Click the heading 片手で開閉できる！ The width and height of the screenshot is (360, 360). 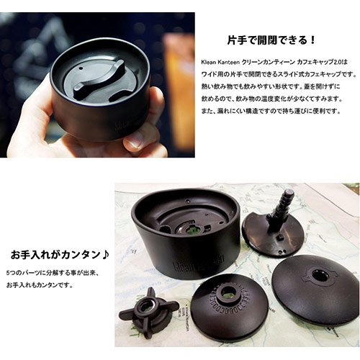tap(271, 40)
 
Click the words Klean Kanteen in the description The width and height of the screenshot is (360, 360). tap(220, 62)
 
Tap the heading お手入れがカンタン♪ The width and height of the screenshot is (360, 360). tap(60, 255)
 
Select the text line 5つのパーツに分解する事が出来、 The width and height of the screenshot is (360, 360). tap(53, 273)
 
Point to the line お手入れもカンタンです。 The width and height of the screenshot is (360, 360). tap(40, 285)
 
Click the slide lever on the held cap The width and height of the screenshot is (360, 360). tap(99, 78)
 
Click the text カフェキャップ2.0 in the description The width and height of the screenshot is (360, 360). tap(318, 62)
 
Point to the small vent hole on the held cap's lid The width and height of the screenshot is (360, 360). tap(80, 68)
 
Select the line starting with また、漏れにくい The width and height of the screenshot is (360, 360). tap(271, 112)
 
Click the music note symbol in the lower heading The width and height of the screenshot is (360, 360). tap(105, 255)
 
